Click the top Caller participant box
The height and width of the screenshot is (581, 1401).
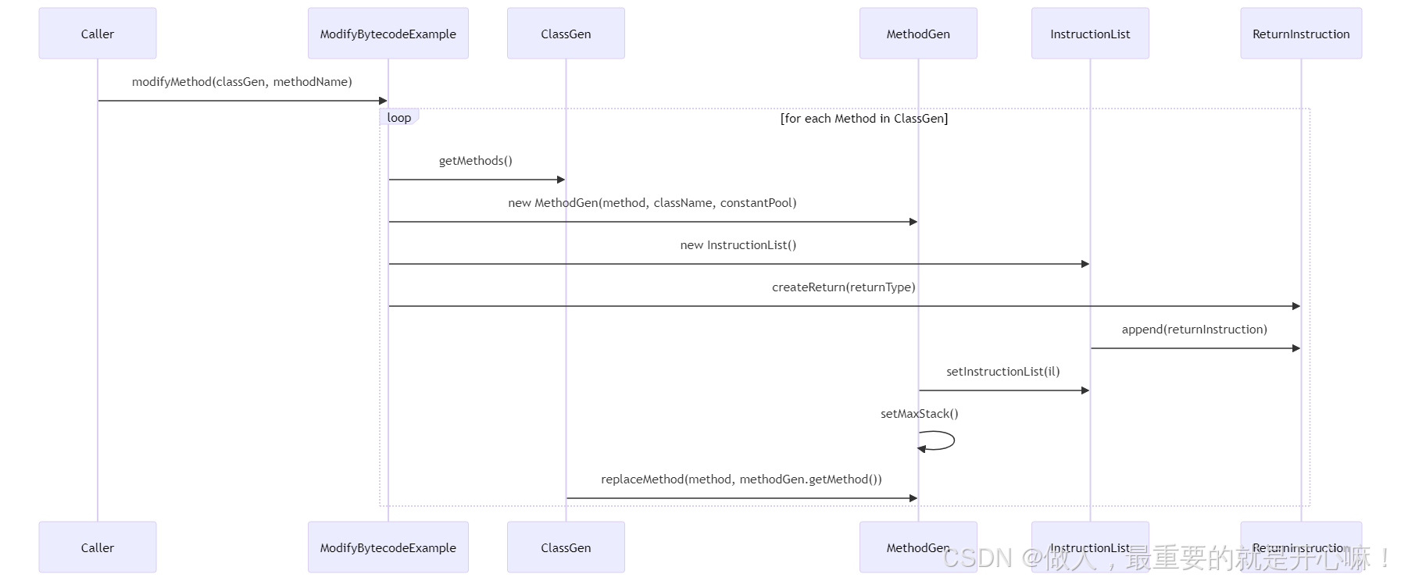click(x=98, y=34)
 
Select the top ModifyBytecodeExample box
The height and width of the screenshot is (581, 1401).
click(x=388, y=34)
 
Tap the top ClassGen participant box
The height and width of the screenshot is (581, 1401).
click(x=566, y=34)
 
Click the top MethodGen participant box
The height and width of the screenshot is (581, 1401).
click(x=918, y=34)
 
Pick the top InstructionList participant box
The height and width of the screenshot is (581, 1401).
click(x=1090, y=34)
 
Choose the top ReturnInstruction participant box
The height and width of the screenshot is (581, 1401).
click(x=1301, y=34)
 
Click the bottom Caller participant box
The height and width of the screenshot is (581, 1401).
click(x=98, y=547)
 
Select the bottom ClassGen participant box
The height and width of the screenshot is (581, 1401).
click(x=566, y=547)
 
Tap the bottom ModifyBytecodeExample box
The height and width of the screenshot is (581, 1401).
click(x=388, y=547)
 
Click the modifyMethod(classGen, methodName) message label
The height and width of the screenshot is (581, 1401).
click(x=241, y=82)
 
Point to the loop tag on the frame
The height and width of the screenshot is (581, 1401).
click(x=398, y=118)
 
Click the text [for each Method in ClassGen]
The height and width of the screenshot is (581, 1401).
click(x=863, y=119)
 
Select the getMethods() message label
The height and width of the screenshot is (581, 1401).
click(x=475, y=161)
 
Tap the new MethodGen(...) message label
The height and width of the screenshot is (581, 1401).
click(x=652, y=203)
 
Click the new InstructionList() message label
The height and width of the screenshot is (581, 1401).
click(x=738, y=245)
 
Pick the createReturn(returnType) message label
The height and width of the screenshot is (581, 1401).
click(x=843, y=287)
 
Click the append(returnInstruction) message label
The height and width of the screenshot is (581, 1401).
click(x=1194, y=330)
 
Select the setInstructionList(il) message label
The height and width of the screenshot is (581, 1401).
click(x=1003, y=372)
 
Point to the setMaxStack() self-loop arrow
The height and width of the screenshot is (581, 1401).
click(x=938, y=441)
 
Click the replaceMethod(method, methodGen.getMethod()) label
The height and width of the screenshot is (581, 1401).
click(x=741, y=479)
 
